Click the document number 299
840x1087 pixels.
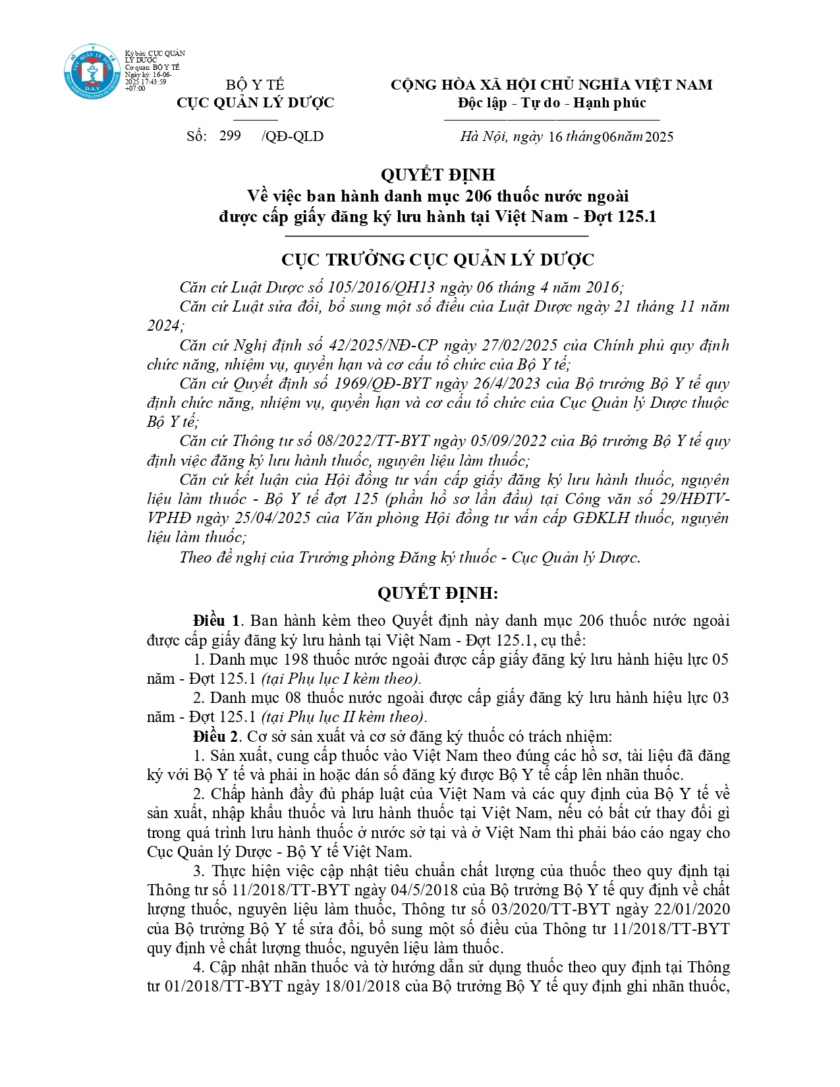tap(230, 136)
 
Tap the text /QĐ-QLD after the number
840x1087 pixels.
tap(292, 136)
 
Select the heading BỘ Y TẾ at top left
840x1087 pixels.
tap(255, 85)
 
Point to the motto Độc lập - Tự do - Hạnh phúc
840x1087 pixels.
tap(551, 103)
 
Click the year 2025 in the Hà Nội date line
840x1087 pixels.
tap(659, 137)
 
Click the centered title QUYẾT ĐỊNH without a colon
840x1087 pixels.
tap(437, 175)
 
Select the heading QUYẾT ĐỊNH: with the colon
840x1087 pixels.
tap(437, 594)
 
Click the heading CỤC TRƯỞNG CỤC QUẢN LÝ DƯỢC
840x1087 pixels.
tap(437, 260)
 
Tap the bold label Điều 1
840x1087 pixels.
tap(217, 621)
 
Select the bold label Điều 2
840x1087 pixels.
tap(217, 737)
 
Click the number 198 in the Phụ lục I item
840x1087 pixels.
tap(296, 659)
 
